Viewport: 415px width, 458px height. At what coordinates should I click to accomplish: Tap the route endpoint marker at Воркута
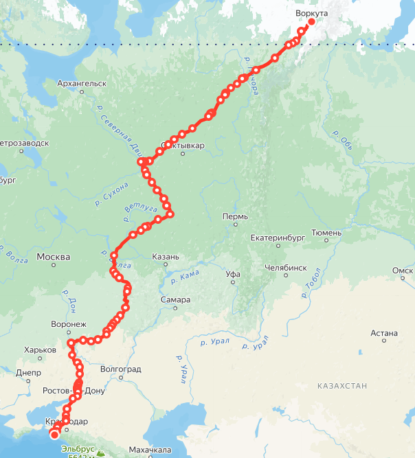311,22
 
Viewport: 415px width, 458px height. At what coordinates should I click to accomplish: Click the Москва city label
53,257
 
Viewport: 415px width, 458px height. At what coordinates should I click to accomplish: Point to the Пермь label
235,216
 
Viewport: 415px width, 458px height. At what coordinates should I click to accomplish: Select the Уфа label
234,274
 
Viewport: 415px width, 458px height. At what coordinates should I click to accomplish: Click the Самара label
176,300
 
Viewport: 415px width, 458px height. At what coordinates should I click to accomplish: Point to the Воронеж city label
69,324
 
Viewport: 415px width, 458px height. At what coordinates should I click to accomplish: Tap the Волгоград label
121,369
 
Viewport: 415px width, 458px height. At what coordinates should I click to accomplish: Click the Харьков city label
40,350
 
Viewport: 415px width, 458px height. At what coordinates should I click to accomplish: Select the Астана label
384,334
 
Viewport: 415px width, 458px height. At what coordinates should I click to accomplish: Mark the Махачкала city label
149,450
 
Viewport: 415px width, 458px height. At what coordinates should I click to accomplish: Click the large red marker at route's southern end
54,434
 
